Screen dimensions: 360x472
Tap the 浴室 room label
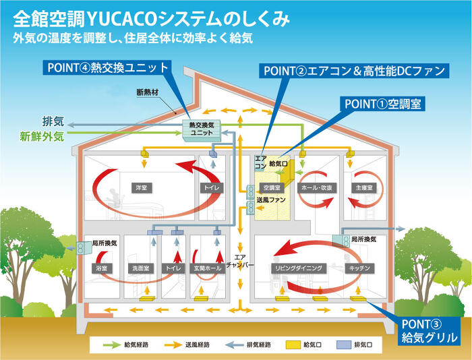coord(100,268)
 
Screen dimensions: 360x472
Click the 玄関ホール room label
coord(206,268)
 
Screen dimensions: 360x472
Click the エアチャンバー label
coord(241,261)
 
